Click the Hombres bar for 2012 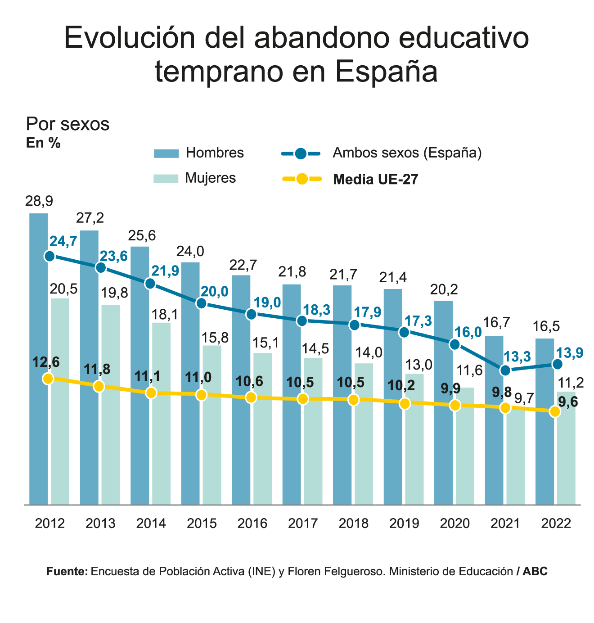point(38,360)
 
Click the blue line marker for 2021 point(505,370)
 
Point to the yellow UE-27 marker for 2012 point(49,379)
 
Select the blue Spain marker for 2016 point(252,314)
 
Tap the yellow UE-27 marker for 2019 point(405,403)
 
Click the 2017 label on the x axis point(303,524)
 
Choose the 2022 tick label point(556,524)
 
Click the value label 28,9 point(39,201)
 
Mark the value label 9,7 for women point(524,398)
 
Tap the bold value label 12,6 point(46,362)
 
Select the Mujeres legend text point(211,178)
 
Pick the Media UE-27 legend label point(376,180)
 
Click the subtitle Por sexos point(68,124)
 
